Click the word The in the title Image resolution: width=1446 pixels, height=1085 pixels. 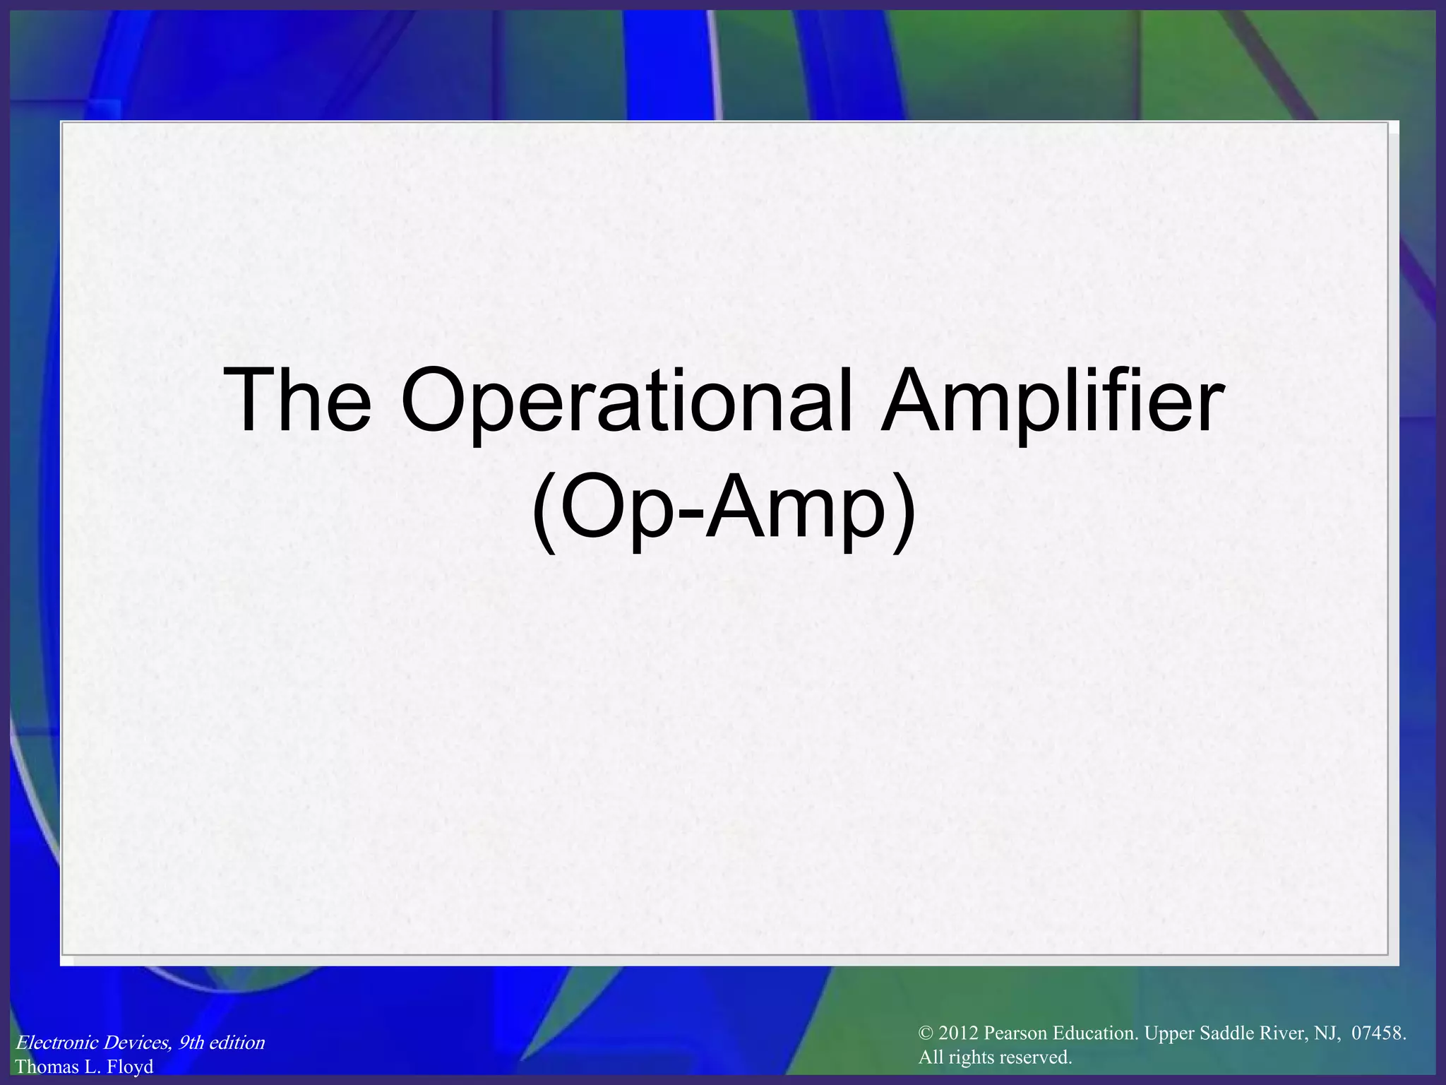click(297, 401)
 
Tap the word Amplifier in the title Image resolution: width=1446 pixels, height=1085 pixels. click(1051, 401)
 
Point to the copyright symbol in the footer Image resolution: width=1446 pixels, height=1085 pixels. click(926, 1033)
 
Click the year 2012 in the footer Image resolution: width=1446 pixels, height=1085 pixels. click(959, 1033)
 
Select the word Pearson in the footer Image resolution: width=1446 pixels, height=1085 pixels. click(1015, 1033)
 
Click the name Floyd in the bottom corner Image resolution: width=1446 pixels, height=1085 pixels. click(129, 1067)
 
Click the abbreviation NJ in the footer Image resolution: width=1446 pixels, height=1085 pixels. click(1327, 1033)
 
